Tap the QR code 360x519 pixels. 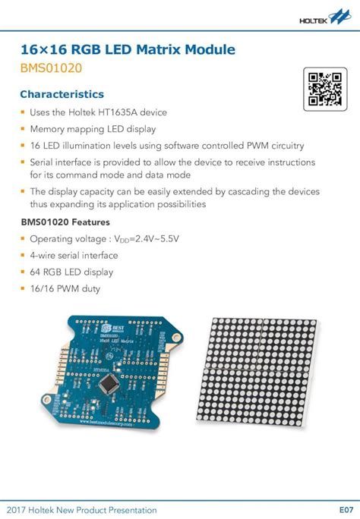[x=321, y=86]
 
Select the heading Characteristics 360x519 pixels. [x=62, y=95]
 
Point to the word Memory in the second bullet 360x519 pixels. [x=47, y=129]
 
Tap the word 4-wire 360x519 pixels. [x=46, y=256]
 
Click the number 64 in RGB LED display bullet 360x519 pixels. [x=36, y=272]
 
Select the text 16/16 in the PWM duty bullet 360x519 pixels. [x=43, y=288]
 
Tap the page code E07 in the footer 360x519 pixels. [x=346, y=509]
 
